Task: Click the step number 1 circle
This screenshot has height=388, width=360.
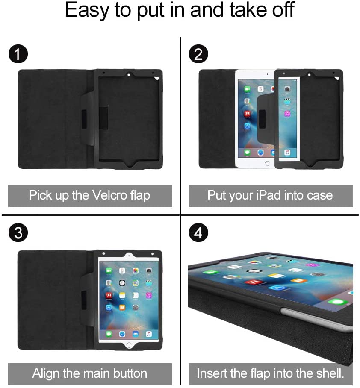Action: tap(18, 54)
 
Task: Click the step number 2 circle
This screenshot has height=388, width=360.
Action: tap(198, 54)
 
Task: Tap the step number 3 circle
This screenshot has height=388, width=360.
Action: tap(18, 233)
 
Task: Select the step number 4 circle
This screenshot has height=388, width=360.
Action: tap(198, 233)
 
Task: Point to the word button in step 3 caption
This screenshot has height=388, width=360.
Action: tap(127, 373)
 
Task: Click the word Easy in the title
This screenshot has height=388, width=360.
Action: tap(87, 11)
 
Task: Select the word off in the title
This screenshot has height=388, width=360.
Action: tap(282, 11)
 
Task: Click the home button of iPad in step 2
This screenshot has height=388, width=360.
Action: tap(267, 163)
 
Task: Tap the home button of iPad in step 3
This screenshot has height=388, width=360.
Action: tap(129, 344)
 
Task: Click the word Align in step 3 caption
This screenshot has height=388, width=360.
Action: tap(46, 373)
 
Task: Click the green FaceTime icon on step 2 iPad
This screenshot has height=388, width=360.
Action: tap(247, 89)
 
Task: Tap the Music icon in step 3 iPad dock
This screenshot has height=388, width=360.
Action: tap(148, 334)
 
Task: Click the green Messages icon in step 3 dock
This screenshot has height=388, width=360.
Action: tap(109, 334)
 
